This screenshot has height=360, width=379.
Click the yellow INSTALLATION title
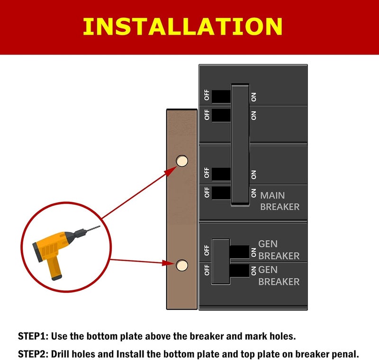pyautogui.click(x=182, y=27)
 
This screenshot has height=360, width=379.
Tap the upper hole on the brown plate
pyautogui.click(x=182, y=161)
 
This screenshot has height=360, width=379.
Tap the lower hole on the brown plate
pyautogui.click(x=182, y=265)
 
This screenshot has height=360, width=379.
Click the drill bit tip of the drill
pyautogui.click(x=99, y=226)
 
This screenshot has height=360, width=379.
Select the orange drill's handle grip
pyautogui.click(x=54, y=268)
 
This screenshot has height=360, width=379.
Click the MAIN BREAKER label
pyautogui.click(x=280, y=201)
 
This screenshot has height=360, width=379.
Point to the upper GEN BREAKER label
pyautogui.click(x=279, y=250)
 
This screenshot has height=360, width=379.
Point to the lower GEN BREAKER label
pyautogui.click(x=279, y=276)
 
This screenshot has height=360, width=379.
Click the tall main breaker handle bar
pyautogui.click(x=240, y=145)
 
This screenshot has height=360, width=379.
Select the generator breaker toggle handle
pyautogui.click(x=221, y=261)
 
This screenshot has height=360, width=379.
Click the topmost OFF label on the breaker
pyautogui.click(x=207, y=95)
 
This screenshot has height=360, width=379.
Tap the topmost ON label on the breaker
pyautogui.click(x=253, y=97)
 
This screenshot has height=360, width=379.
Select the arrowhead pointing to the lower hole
pyautogui.click(x=169, y=262)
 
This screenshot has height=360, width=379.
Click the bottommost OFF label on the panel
pyautogui.click(x=207, y=270)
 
